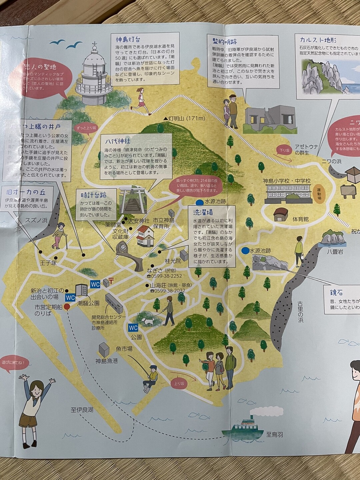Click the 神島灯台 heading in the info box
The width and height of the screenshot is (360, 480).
[x=128, y=39]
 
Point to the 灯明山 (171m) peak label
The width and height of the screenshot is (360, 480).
[x=184, y=118]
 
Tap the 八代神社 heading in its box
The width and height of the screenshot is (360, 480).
[x=118, y=141]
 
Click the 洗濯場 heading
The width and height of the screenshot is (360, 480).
[x=203, y=212]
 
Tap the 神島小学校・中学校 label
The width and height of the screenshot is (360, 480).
[x=287, y=181]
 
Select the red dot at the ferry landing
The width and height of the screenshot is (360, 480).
[x=67, y=306]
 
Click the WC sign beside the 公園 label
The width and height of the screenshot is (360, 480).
[x=133, y=328]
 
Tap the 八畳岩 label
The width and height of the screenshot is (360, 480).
[x=335, y=252]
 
